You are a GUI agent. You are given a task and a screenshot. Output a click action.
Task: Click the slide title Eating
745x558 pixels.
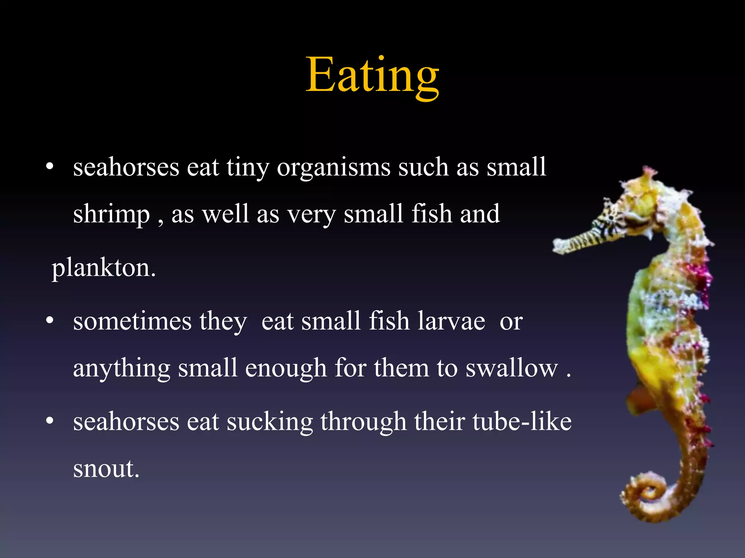(x=372, y=76)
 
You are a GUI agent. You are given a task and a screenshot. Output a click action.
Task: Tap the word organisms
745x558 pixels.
(x=334, y=167)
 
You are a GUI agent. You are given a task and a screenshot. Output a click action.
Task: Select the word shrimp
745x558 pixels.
(x=111, y=214)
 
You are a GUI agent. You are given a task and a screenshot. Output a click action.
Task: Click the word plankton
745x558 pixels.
(x=104, y=268)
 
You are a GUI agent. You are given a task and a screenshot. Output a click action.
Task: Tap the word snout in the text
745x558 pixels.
(x=106, y=469)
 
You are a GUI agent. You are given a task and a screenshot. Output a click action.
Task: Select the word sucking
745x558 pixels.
(x=270, y=422)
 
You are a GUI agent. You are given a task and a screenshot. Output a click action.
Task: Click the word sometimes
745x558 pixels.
(x=132, y=322)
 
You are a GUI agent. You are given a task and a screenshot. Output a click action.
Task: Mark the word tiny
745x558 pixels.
(x=248, y=168)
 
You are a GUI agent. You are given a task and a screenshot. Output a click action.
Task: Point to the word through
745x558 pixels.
(x=363, y=422)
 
